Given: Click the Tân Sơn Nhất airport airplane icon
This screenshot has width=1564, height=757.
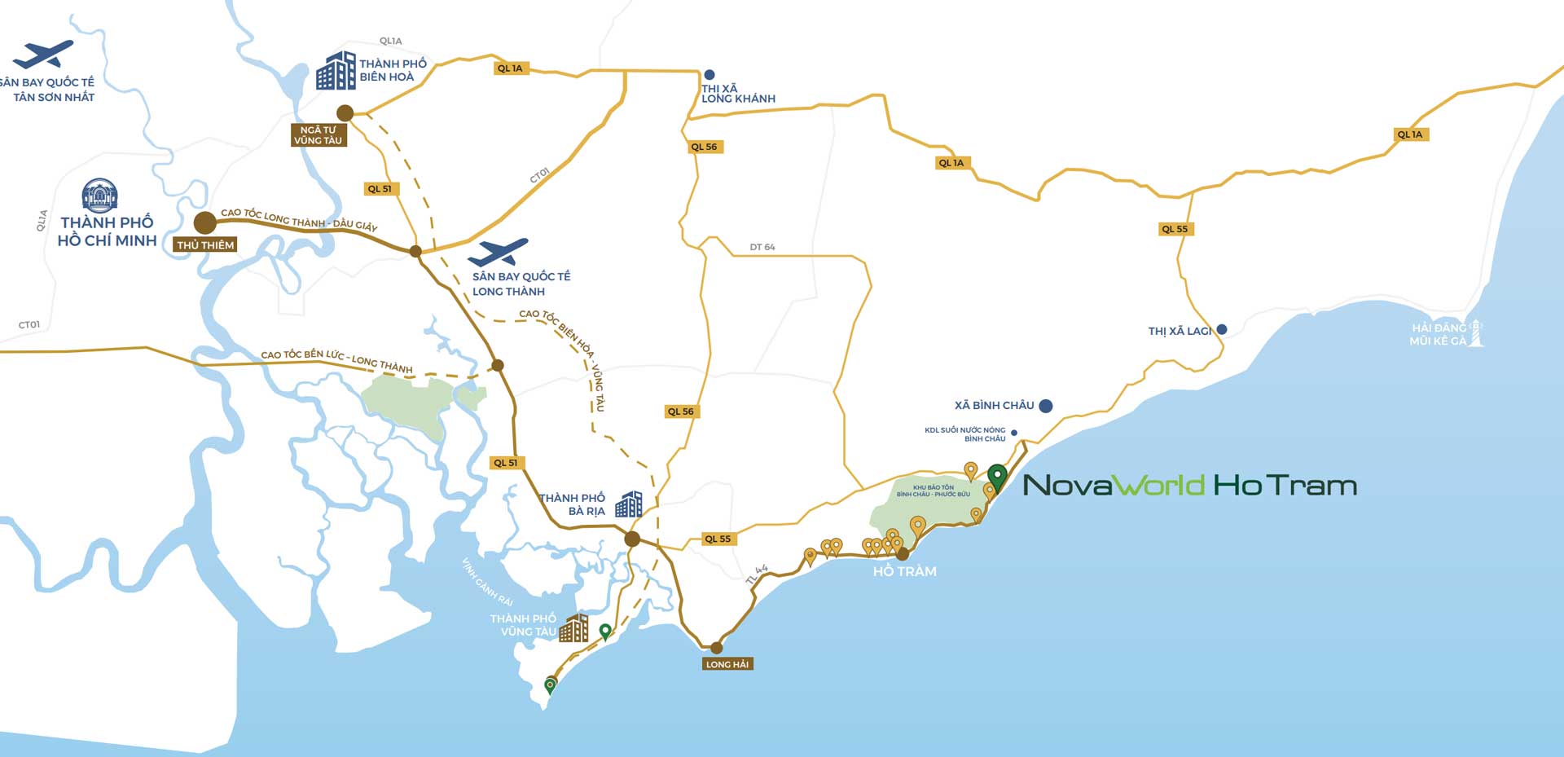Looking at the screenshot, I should click(x=42, y=55).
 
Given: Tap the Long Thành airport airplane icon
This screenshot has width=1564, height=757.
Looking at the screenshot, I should click(x=499, y=253).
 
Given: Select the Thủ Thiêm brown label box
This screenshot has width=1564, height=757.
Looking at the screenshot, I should click(x=206, y=244).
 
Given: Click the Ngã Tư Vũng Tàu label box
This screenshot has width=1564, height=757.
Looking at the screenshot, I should click(x=319, y=135).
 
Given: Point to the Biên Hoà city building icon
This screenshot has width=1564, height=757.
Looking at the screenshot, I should click(x=336, y=70).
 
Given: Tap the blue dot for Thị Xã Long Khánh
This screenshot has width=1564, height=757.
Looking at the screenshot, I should click(x=710, y=74).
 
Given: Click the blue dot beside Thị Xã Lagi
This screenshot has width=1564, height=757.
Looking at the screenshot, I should click(x=1221, y=330).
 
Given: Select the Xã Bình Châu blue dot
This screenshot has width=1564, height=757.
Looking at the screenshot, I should click(x=1046, y=406).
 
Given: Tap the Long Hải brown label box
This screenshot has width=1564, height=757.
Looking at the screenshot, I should click(x=727, y=664).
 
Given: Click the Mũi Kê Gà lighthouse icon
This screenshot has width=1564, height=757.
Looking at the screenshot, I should click(x=1475, y=333).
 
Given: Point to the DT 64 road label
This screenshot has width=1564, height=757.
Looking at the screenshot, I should click(x=762, y=247).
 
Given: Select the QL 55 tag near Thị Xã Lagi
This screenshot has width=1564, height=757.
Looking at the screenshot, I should click(x=1175, y=229).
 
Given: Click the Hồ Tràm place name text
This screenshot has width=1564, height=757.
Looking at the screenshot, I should click(x=904, y=572).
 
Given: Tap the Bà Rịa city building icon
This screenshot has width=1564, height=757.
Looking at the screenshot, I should click(x=628, y=504).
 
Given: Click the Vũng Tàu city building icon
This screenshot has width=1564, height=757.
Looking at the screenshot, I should click(x=573, y=627).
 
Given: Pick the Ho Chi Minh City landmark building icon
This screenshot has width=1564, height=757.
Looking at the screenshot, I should click(x=100, y=196).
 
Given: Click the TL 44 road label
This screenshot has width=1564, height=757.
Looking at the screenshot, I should click(x=757, y=574).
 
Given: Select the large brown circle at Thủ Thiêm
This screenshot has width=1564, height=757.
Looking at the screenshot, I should click(x=204, y=222).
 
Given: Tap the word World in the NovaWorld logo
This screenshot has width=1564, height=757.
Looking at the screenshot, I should click(x=1158, y=486).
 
